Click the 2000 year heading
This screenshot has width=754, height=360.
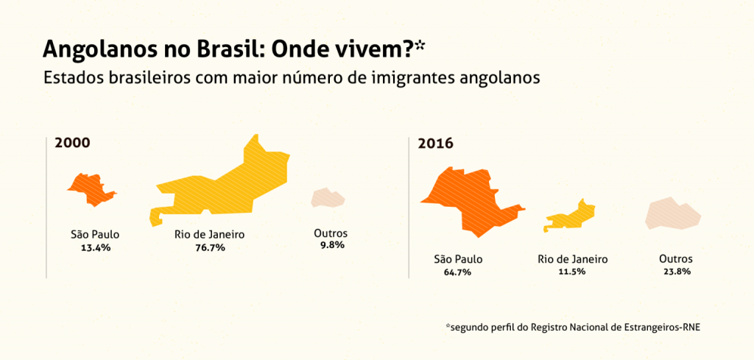point(73,144)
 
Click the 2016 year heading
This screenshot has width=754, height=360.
point(435,144)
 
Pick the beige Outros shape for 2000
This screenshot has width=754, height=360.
point(328,198)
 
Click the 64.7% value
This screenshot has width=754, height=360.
point(458,272)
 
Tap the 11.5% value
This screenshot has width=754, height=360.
point(572,272)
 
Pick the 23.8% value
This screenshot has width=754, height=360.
point(677,271)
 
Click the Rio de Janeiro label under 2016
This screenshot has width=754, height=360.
point(573,260)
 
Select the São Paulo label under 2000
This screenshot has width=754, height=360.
point(95,235)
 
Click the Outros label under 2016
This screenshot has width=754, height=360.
point(676,260)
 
